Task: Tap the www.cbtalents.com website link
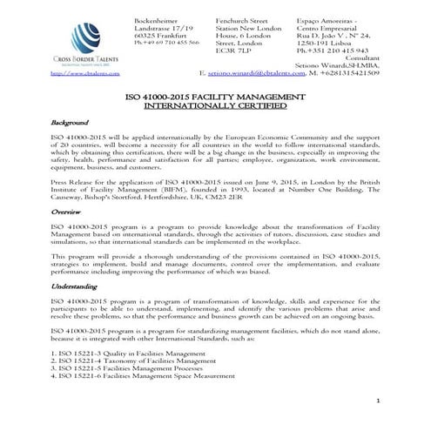(84, 73)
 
